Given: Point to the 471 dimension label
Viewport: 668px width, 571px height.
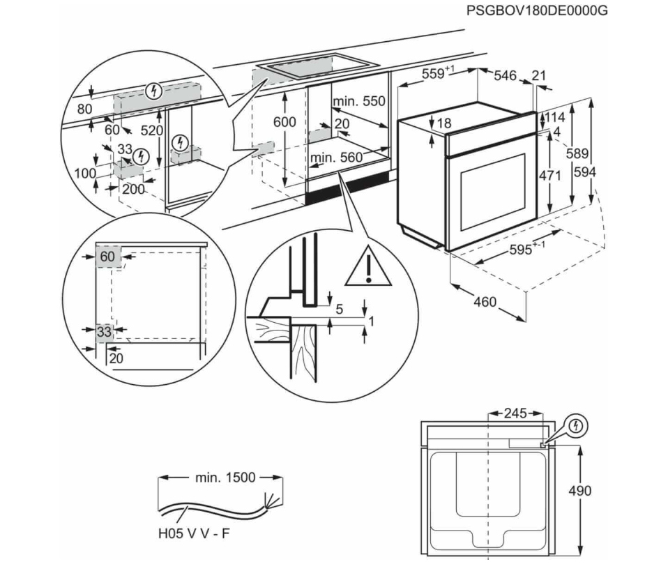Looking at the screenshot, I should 549,176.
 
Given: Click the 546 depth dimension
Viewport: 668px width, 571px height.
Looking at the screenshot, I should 505,76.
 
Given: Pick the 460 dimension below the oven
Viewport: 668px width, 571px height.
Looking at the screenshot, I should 485,302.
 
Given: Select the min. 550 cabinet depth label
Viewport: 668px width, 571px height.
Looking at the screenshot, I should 359,102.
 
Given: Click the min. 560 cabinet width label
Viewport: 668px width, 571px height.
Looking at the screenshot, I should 337,158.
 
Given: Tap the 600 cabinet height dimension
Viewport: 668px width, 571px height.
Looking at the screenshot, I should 284,122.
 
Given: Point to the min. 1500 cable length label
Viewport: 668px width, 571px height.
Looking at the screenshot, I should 225,478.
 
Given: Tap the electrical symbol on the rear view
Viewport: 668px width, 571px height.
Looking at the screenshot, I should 576,424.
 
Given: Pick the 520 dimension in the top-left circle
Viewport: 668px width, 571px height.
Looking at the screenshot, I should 151,130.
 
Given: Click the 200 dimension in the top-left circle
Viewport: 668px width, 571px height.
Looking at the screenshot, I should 133,189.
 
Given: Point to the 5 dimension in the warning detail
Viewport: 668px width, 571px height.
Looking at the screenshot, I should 339,310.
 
